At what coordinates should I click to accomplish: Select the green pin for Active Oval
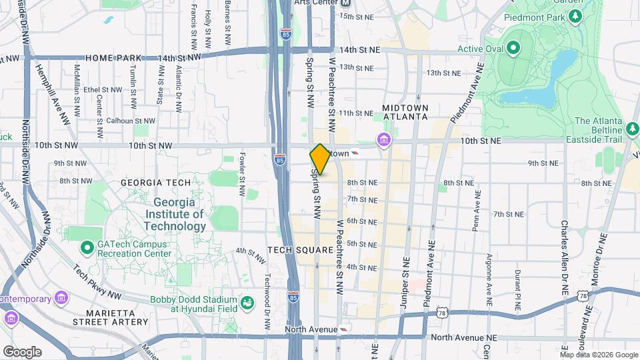(513, 48)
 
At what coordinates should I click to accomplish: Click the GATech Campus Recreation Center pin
(87, 249)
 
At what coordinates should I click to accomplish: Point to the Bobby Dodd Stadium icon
(247, 303)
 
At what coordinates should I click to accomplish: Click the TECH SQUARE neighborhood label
(300, 250)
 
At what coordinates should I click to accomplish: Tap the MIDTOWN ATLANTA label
(405, 112)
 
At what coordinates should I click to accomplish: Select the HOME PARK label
(105, 59)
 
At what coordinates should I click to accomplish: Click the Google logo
(22, 352)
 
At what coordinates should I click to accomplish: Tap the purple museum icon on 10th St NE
(384, 141)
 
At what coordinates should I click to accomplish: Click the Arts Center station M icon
(345, 3)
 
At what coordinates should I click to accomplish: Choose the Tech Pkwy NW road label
(97, 282)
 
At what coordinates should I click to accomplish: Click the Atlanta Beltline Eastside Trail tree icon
(633, 128)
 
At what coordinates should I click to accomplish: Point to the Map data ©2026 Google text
(599, 355)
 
